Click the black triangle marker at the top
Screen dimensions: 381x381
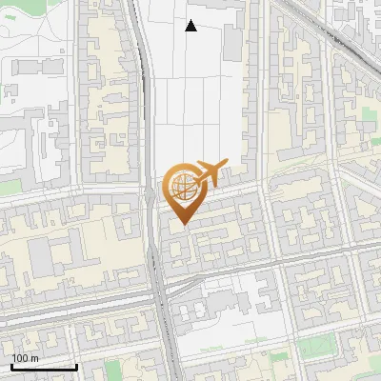click(x=190, y=26)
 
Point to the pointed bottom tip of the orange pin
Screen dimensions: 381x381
click(x=184, y=224)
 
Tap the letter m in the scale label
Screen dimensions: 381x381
click(x=34, y=358)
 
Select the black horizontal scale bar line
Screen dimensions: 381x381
click(x=44, y=367)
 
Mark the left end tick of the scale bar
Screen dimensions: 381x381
click(x=11, y=365)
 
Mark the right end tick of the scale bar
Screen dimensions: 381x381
click(x=76, y=365)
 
